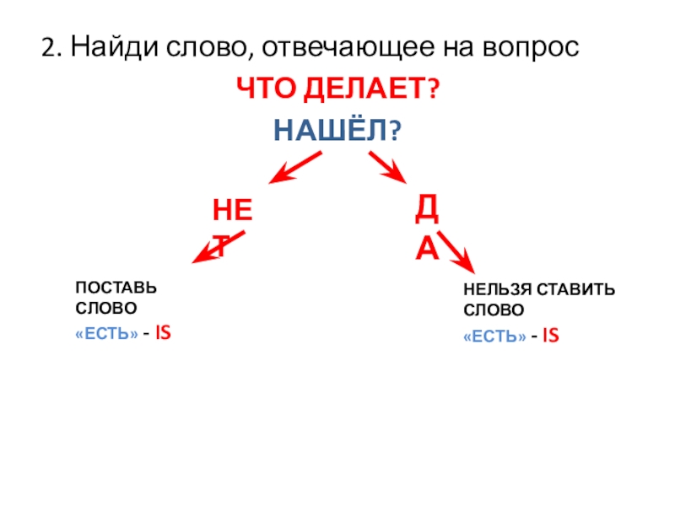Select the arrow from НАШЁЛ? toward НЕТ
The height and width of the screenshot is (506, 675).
pyautogui.click(x=295, y=166)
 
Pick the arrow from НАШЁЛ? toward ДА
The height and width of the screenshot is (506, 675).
pyautogui.click(x=387, y=166)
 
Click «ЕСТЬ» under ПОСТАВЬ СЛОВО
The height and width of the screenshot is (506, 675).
pyautogui.click(x=105, y=335)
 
